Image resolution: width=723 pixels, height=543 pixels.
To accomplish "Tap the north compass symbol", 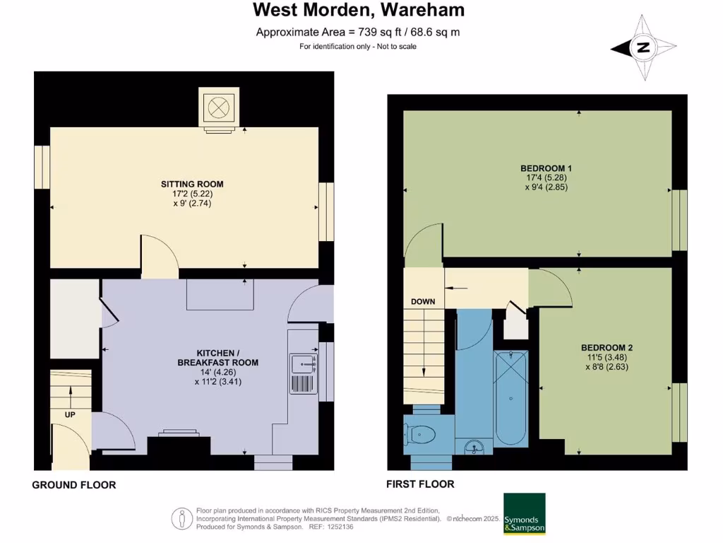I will click(643, 48).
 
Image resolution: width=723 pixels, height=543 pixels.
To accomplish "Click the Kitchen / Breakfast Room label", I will click(217, 357).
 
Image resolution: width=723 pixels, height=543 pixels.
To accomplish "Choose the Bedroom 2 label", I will click(607, 347).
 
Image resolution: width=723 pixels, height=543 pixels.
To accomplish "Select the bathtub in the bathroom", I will click(510, 398).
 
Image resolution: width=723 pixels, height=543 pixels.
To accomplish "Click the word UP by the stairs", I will click(70, 414).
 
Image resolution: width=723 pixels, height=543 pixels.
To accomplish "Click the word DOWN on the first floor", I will click(423, 302).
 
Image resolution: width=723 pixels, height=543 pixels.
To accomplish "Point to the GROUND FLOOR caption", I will click(74, 485).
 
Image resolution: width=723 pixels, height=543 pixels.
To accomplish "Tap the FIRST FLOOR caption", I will click(420, 484).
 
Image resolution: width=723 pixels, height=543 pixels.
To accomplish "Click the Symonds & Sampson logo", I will click(524, 514).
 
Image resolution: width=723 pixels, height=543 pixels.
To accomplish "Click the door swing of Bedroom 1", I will click(426, 243).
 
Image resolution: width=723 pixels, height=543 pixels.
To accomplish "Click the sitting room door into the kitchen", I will click(160, 255).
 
